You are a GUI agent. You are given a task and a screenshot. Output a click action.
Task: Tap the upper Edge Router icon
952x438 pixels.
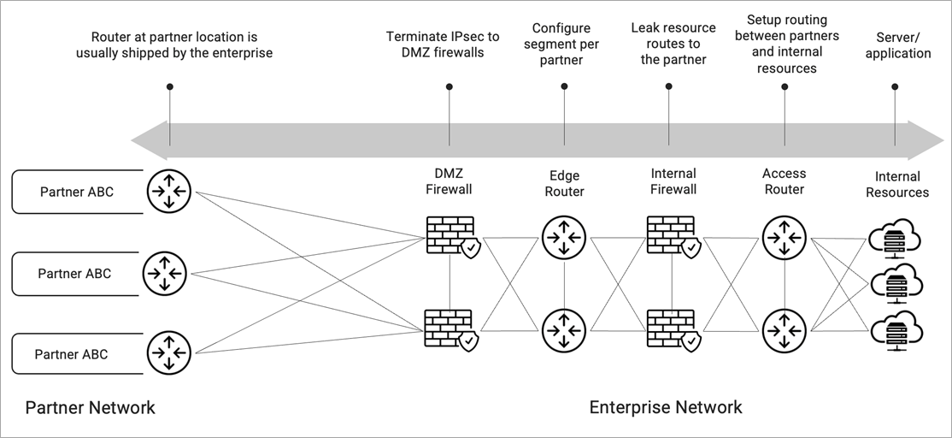[x=564, y=238]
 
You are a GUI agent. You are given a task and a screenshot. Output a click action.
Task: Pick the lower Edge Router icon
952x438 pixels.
[x=564, y=331]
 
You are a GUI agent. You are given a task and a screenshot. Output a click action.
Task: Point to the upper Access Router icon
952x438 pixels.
[x=785, y=238]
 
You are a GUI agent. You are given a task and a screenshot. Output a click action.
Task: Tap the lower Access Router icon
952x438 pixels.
[x=785, y=331]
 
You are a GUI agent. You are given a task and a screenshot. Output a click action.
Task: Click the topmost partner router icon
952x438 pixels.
[x=169, y=192]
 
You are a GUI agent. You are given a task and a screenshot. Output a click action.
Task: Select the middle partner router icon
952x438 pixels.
[x=165, y=274]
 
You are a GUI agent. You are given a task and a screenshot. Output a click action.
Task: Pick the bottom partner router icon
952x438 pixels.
[x=169, y=353]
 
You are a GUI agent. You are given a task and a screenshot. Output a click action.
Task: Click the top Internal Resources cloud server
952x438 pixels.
[x=895, y=239]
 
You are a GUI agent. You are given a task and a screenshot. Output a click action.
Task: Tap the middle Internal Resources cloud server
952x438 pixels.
[x=896, y=284]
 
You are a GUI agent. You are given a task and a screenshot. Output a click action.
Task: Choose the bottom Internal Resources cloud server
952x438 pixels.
[x=896, y=331]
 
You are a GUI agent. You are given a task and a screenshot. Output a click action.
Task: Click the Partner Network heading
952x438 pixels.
[x=90, y=407]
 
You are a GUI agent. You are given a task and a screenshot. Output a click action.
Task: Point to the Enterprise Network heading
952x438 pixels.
[x=666, y=407]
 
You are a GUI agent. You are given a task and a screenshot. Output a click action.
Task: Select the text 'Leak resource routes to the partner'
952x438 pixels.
[x=673, y=44]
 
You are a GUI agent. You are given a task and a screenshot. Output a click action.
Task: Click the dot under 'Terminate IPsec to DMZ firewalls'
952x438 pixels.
[x=450, y=87]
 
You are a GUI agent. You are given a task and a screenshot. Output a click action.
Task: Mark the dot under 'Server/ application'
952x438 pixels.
[x=895, y=87]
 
